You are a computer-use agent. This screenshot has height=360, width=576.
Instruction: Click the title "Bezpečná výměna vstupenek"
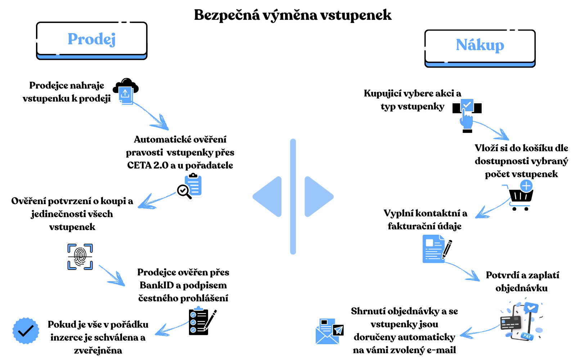[x=292, y=15]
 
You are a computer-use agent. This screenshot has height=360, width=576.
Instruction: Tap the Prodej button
[x=92, y=40]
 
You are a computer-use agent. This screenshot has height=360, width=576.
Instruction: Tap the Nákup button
[x=480, y=46]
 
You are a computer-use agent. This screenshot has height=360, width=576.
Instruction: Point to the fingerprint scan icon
[x=80, y=256]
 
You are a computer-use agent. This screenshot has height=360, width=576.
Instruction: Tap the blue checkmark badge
[x=26, y=330]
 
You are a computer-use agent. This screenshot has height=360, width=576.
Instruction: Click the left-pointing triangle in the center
[x=268, y=197]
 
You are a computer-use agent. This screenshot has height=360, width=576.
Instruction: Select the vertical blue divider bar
[x=293, y=197]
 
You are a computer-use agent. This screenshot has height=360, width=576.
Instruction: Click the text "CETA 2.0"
[x=148, y=166]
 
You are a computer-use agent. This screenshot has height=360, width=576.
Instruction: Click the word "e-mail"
[x=441, y=350]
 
